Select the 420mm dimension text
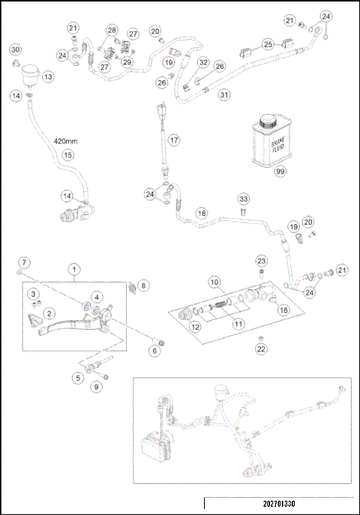[66, 141]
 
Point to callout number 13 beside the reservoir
[47, 76]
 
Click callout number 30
[15, 49]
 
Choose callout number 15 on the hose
[67, 155]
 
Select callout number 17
[173, 139]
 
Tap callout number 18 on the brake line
[201, 214]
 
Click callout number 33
[243, 198]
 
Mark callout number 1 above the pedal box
[74, 268]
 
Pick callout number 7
[24, 262]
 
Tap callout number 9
[96, 387]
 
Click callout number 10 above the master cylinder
[213, 283]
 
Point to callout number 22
[261, 349]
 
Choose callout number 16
[283, 309]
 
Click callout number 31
[223, 94]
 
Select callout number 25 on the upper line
[267, 44]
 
